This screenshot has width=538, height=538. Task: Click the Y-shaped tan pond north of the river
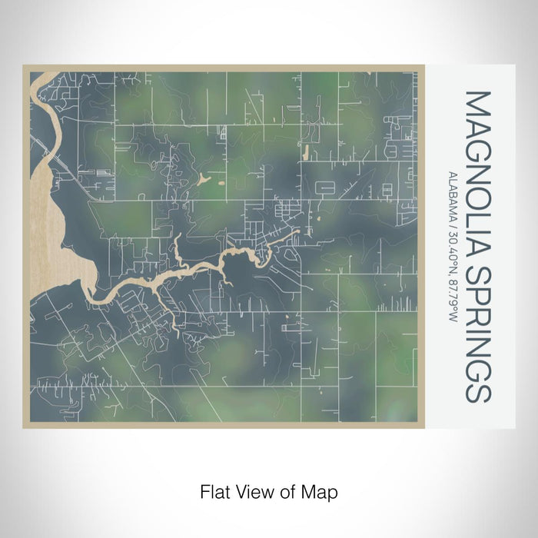click(x=203, y=179)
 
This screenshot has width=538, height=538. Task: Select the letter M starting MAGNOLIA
click(x=477, y=103)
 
